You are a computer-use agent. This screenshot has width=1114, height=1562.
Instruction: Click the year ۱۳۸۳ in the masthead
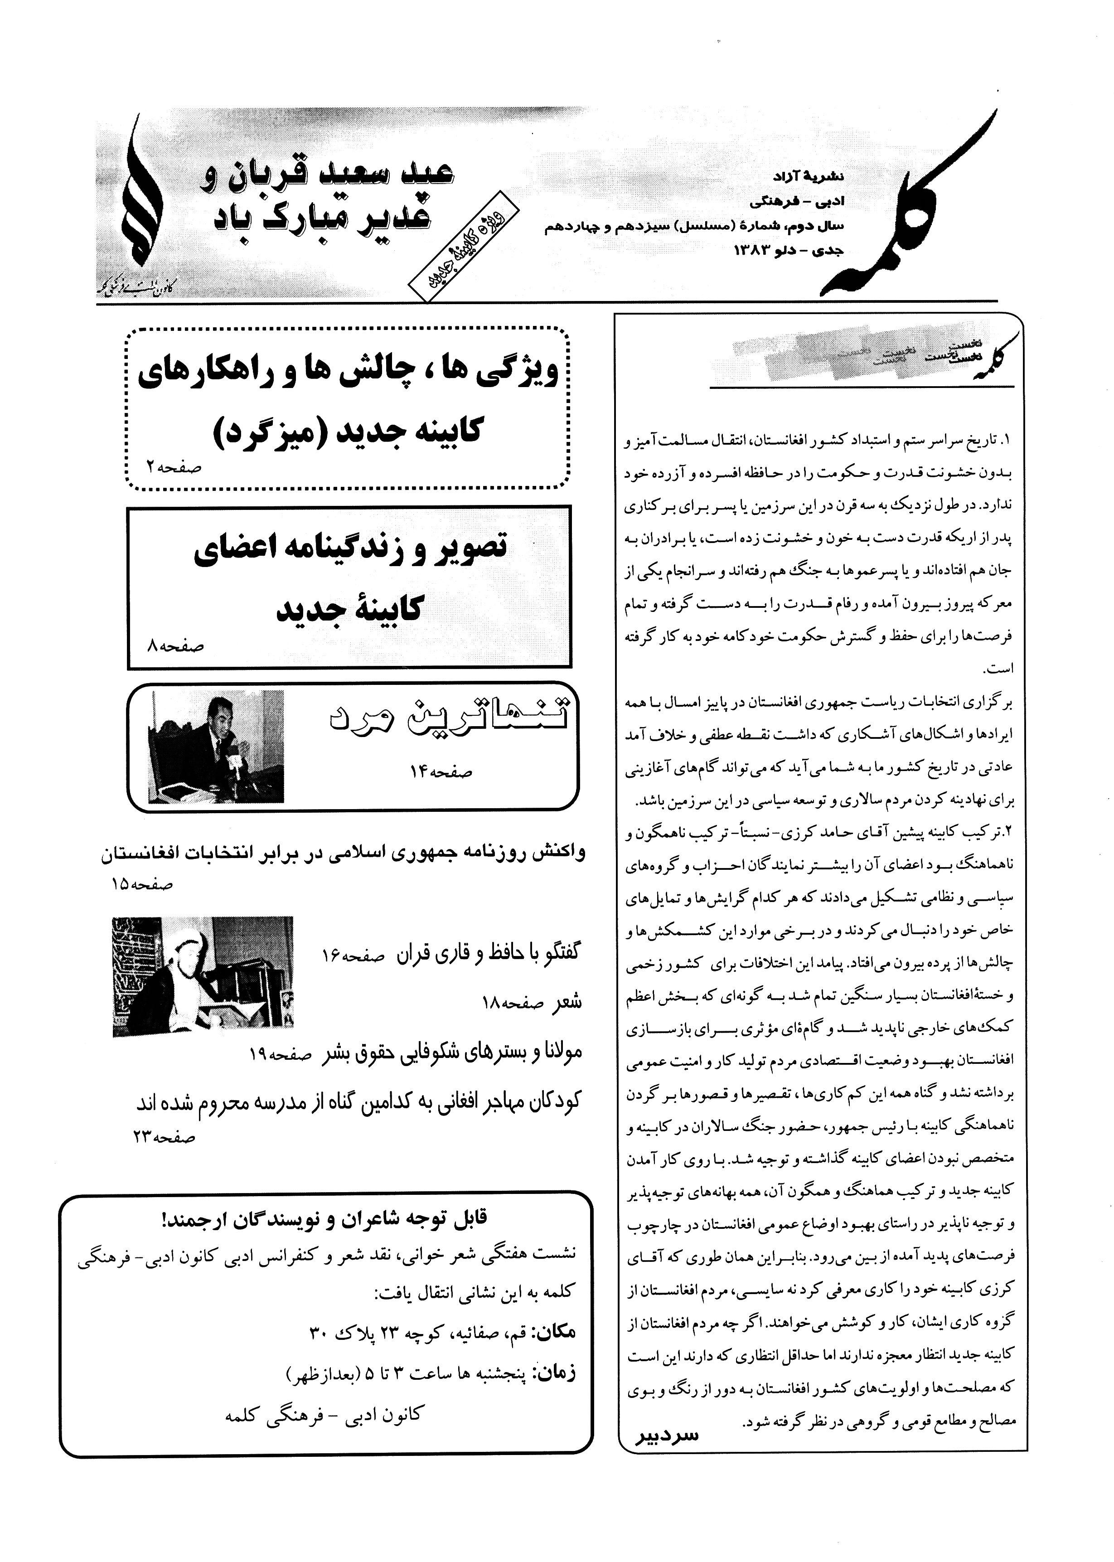click(755, 250)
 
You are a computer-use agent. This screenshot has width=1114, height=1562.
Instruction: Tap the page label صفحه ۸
click(176, 645)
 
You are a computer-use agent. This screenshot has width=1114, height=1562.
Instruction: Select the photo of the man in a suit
click(216, 747)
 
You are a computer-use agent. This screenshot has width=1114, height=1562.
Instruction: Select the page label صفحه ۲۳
click(165, 1137)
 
